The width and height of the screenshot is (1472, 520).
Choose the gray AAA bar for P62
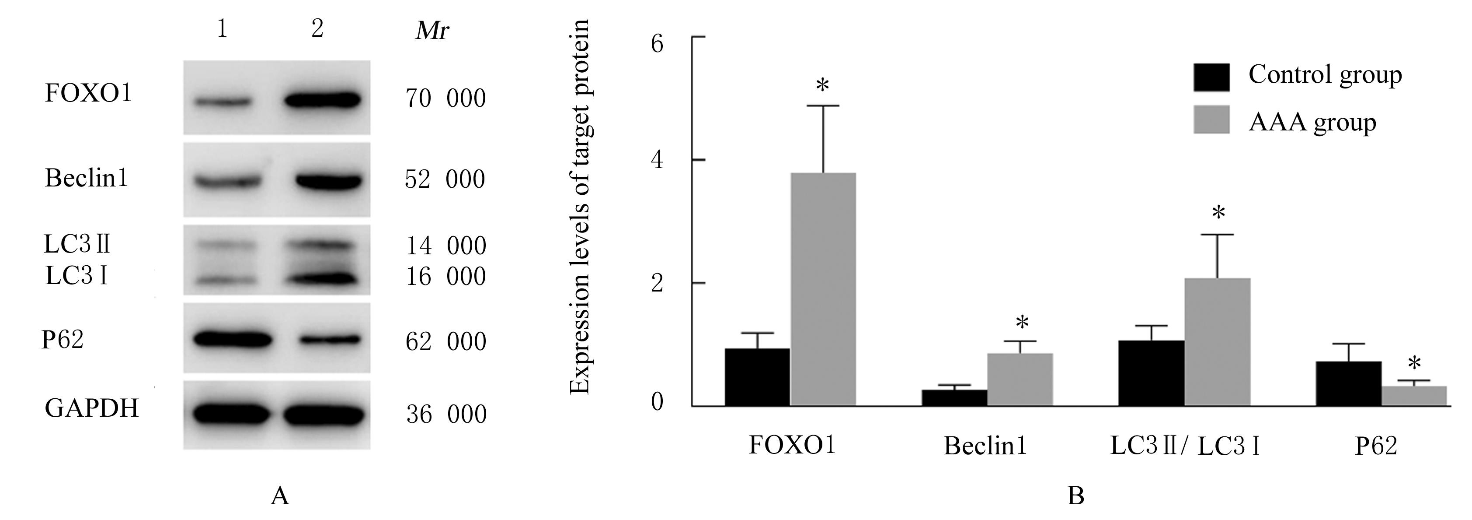pos(1414,396)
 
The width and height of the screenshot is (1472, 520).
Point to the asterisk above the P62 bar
pos(1415,364)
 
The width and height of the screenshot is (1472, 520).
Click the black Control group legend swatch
pos(1211,77)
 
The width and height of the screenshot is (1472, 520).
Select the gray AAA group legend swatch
pos(1211,119)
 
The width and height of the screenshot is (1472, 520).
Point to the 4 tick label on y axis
pos(657,160)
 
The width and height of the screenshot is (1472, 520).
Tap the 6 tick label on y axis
pos(657,43)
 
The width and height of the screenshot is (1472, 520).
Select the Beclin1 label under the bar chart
pos(985,446)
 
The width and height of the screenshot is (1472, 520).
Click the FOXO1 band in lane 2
pos(323,100)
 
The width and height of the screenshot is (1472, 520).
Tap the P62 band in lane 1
pos(233,339)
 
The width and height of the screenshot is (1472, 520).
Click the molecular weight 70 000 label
pos(446,98)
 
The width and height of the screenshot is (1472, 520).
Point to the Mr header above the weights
pos(432,30)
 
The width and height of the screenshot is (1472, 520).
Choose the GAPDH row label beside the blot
pos(91,408)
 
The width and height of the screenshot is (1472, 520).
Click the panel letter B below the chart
pos(1076,496)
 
